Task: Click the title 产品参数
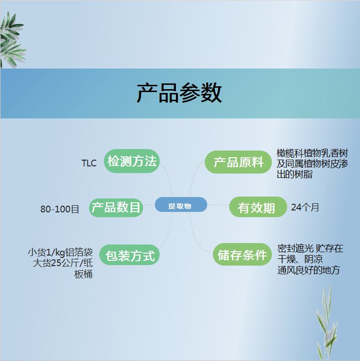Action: tap(179, 93)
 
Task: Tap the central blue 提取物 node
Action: tap(181, 205)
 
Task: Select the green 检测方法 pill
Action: tap(132, 161)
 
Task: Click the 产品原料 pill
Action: tap(238, 162)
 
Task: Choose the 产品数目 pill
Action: tap(116, 208)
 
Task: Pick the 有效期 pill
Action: tap(258, 207)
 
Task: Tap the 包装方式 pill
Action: tap(129, 255)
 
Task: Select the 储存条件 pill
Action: tap(242, 255)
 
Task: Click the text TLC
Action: tap(89, 163)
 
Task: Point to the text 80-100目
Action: tap(59, 210)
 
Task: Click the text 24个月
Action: tap(305, 208)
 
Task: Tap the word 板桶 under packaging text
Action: tap(83, 274)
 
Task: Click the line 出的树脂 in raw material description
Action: tap(294, 175)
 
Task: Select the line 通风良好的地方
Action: tap(309, 270)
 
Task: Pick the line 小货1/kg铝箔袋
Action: tap(60, 253)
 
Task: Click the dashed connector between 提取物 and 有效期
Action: tap(218, 205)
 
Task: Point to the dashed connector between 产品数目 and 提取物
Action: tap(149, 205)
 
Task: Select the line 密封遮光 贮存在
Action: tap(310, 249)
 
